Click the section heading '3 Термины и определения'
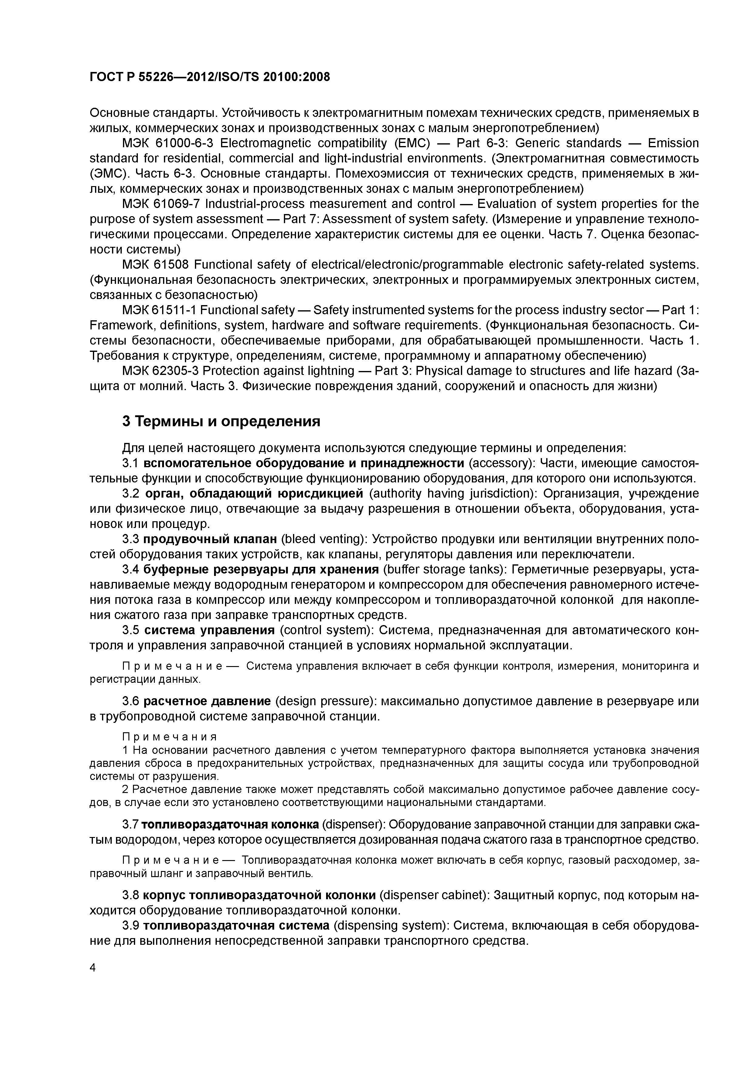221,421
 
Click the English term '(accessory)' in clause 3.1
502,463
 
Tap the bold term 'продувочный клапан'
210,539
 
